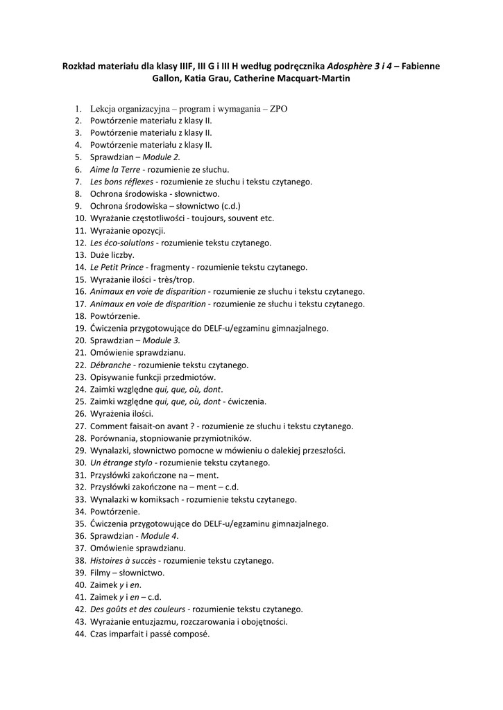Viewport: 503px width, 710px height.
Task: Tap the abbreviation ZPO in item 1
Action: tap(278, 109)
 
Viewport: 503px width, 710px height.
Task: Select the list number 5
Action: tap(78, 157)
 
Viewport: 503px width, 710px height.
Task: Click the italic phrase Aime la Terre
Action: tap(114, 169)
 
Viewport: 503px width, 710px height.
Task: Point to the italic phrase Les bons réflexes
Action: tap(122, 182)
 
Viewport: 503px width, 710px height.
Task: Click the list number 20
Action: tap(78, 340)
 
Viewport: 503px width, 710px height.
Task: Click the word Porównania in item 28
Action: tap(113, 438)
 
